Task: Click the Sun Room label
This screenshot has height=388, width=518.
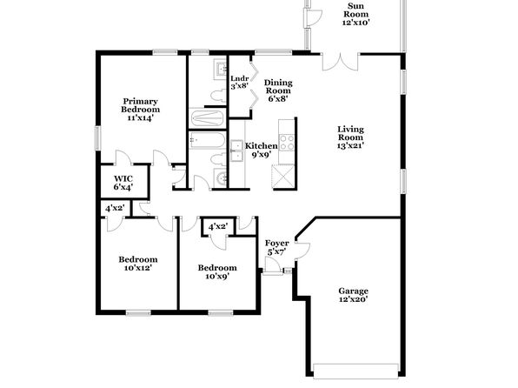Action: coord(355,10)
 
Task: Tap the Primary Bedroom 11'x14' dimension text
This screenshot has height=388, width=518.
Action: coord(141,117)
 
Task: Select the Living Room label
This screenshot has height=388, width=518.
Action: coord(350,133)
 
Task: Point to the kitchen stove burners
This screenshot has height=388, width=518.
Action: coord(287,143)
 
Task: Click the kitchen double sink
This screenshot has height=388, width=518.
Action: coord(237,151)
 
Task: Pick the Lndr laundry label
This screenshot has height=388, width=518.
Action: coord(240,78)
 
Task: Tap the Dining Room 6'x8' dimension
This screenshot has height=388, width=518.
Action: coord(278,98)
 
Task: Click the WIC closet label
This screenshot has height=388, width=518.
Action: coord(123,179)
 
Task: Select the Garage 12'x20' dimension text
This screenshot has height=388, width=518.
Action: coord(353,299)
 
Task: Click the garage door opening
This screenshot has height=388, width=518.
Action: coord(355,371)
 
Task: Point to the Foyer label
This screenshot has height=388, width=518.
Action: coord(277,244)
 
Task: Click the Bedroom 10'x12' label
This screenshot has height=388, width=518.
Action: coord(138,264)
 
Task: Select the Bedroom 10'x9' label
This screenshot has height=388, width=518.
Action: coord(217,271)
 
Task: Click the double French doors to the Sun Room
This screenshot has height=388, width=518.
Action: coord(341,62)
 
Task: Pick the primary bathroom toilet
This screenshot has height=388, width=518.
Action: coord(218,96)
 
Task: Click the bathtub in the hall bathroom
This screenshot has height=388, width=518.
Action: coord(208,141)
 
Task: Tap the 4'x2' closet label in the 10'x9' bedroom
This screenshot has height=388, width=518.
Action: coord(218,226)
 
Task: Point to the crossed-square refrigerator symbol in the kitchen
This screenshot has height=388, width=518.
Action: coord(282,177)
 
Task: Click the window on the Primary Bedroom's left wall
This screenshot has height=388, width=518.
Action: coord(97,138)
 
